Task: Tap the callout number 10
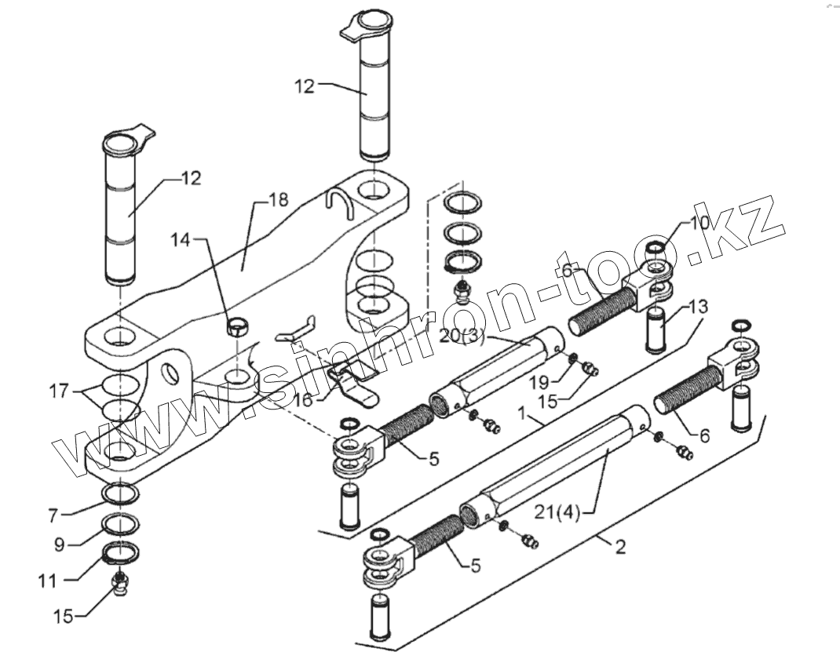pos(699,222)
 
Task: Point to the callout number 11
pos(48,581)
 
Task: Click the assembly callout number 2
pos(620,547)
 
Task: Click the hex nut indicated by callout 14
pos(236,326)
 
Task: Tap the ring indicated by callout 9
pos(120,523)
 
